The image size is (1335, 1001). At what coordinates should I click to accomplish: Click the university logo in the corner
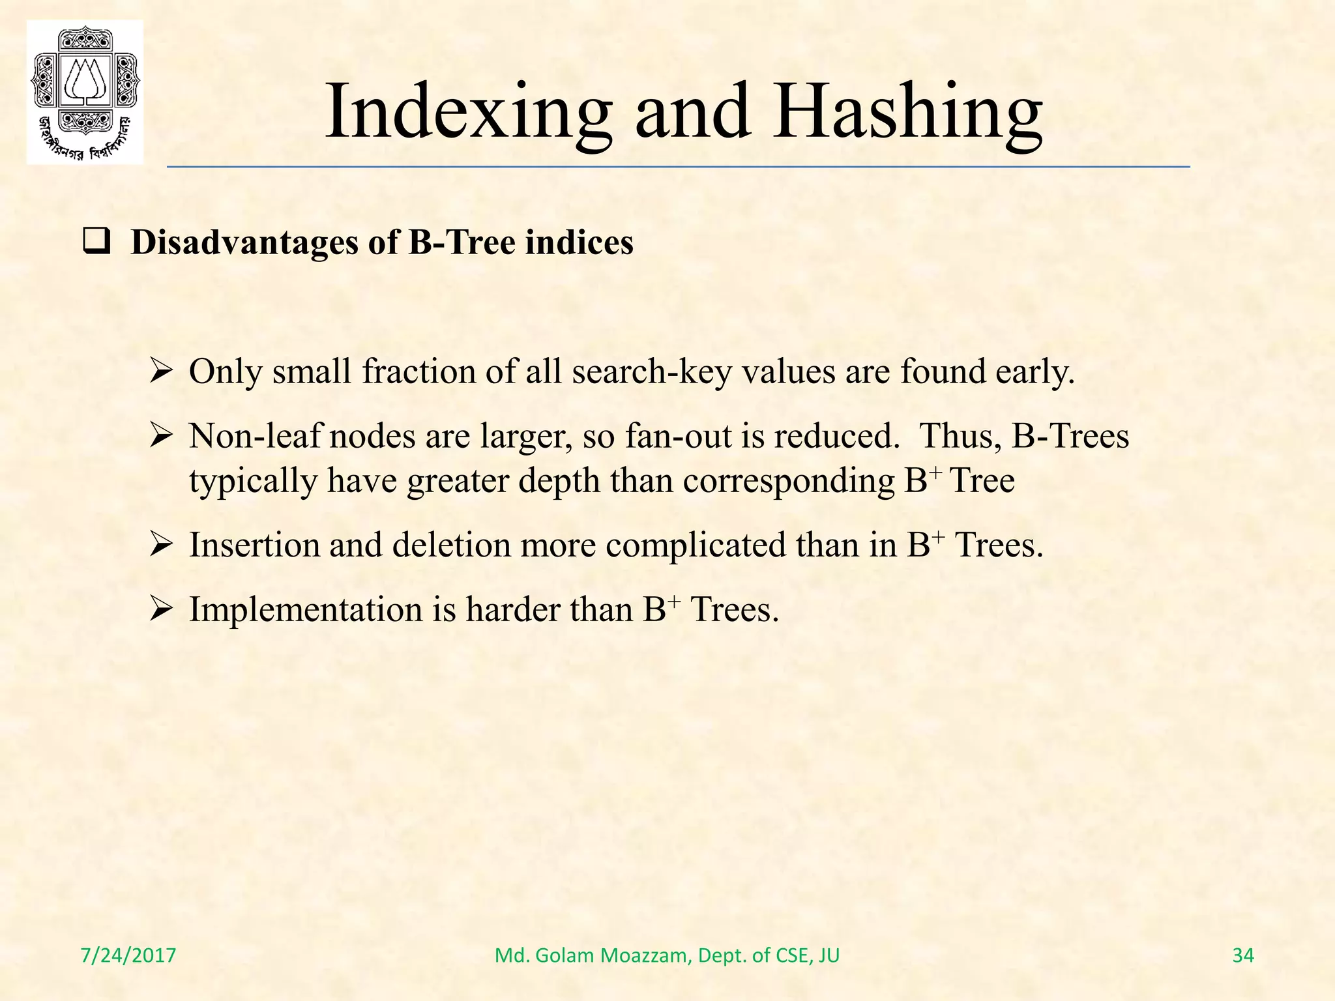pos(85,93)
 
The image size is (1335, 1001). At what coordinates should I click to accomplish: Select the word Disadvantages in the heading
pos(245,242)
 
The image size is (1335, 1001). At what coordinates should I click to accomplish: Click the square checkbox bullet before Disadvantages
pos(96,243)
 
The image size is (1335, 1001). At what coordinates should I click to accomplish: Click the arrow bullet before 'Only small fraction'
pos(160,373)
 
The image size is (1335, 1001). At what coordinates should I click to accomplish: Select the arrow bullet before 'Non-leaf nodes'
pos(160,436)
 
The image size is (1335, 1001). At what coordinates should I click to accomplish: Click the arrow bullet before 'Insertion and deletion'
pos(160,545)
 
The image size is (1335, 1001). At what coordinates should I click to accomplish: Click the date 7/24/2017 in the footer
pos(128,955)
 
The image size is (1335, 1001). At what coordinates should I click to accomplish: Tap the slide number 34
pos(1243,955)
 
